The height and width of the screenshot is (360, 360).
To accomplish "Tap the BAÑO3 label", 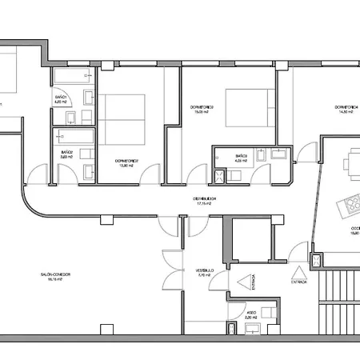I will (x=241, y=158).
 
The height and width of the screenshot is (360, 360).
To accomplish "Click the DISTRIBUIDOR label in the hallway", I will (x=207, y=201).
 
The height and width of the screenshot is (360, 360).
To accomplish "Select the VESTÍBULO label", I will (x=206, y=272).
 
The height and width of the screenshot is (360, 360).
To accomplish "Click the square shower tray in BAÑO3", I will (x=218, y=175).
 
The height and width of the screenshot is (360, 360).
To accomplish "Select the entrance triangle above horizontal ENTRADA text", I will (x=300, y=271).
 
